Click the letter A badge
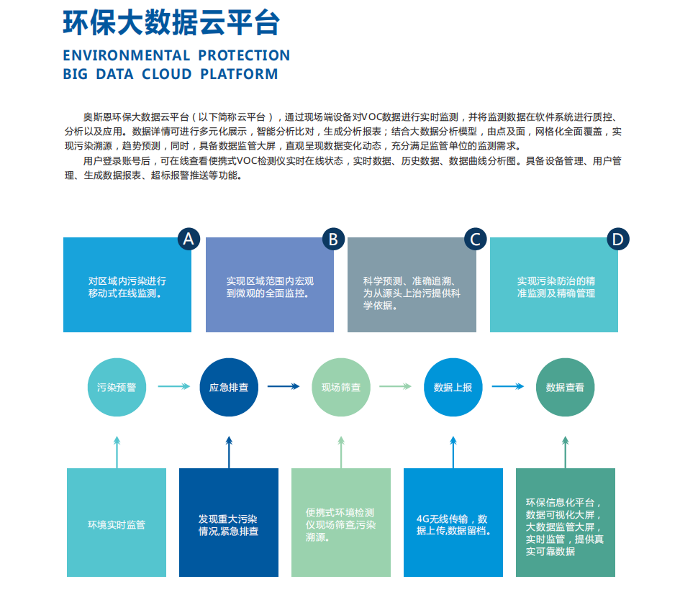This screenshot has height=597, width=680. tap(189, 239)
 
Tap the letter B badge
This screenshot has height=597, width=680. tap(333, 239)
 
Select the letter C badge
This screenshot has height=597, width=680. tap(476, 239)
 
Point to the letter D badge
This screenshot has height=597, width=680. tap(617, 239)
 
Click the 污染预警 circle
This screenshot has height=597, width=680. tap(117, 387)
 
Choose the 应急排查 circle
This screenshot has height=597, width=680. tap(229, 387)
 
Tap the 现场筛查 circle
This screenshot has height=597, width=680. tap(341, 387)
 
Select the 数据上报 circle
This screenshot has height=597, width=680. tap(453, 387)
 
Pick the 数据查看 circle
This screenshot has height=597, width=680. tap(565, 387)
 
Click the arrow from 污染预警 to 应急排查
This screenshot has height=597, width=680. tap(174, 386)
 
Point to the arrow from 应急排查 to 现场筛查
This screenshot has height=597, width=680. tap(284, 386)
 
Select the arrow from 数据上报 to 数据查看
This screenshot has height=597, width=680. tap(508, 386)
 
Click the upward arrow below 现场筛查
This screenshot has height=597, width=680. tap(341, 452)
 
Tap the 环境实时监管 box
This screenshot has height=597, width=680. tap(117, 522)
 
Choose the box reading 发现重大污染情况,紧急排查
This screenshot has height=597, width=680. tap(229, 522)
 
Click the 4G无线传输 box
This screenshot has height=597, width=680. tap(453, 522)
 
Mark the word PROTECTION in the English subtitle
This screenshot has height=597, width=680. tap(244, 55)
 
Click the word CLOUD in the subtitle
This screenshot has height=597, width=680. tap(166, 74)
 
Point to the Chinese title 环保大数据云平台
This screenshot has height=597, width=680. tap(171, 22)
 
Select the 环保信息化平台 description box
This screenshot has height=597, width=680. tap(565, 522)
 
